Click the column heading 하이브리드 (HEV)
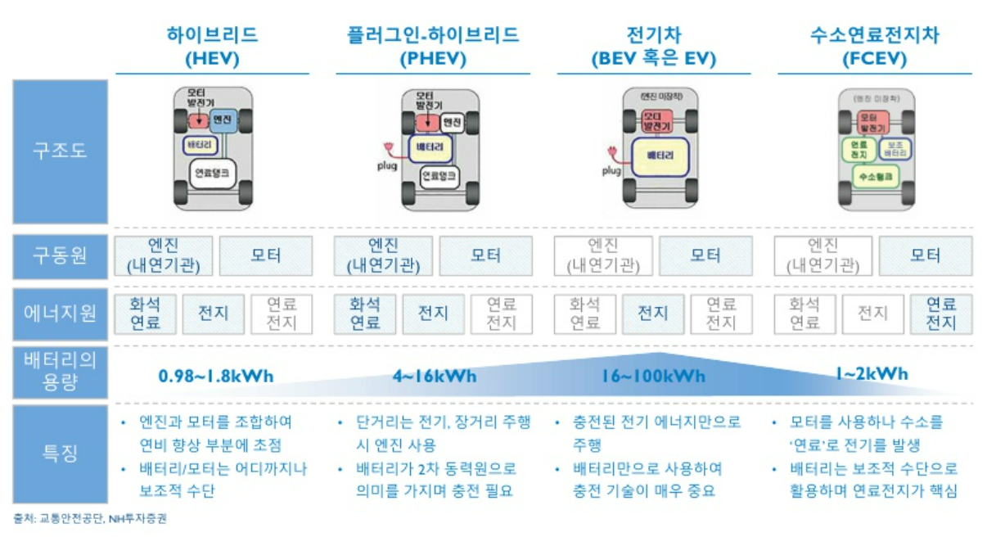[x=212, y=47]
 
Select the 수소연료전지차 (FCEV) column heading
[x=874, y=47]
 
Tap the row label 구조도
[x=60, y=151]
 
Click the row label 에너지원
[x=60, y=314]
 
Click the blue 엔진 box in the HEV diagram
[x=223, y=120]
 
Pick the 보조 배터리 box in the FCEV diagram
[x=893, y=149]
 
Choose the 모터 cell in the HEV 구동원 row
[x=265, y=255]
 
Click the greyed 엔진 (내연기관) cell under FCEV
[x=823, y=255]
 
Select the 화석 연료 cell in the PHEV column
[x=366, y=314]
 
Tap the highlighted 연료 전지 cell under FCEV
[x=941, y=314]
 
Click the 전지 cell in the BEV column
[x=653, y=314]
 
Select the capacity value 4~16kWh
[x=434, y=377]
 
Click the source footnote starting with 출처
[x=90, y=518]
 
